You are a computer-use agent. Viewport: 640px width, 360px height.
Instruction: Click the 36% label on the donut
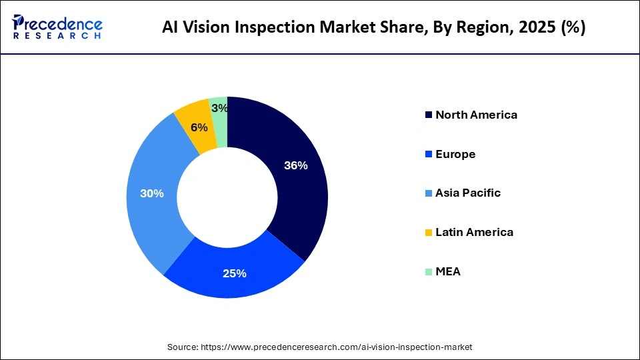pos(295,166)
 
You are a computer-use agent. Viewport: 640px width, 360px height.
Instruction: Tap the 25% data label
pos(235,273)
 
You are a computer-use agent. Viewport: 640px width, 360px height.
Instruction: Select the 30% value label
pos(151,193)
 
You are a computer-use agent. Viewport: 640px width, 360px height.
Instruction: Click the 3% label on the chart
pos(219,108)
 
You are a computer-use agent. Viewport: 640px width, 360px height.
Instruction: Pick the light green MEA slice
pos(219,117)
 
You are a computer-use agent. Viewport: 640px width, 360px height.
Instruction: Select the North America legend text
pos(476,115)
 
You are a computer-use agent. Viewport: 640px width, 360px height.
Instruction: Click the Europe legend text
pos(455,154)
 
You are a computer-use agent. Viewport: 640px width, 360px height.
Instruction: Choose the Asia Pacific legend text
pos(468,193)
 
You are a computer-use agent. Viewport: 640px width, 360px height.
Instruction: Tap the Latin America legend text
pos(474,233)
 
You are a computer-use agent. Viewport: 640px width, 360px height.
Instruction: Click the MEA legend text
pos(448,272)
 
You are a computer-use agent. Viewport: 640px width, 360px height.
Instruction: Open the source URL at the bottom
pos(319,347)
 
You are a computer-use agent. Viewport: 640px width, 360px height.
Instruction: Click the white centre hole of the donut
pos(227,197)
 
